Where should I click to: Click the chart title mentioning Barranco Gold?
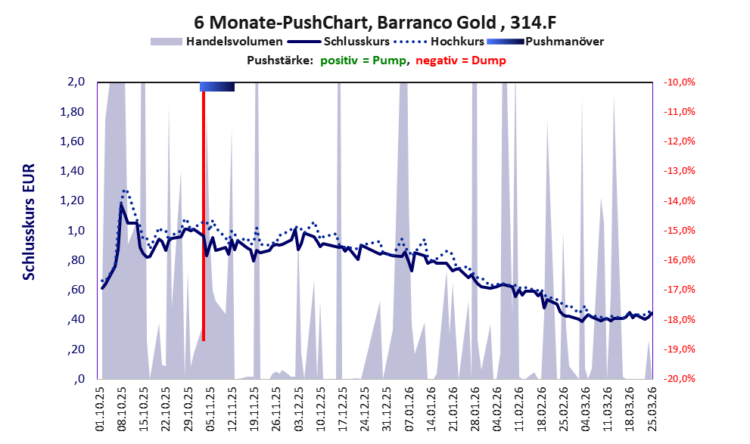tap(375, 22)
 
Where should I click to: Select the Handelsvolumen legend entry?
tap(216, 42)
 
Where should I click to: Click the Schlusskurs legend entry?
tap(338, 42)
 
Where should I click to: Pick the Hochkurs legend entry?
tap(439, 42)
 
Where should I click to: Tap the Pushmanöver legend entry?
tap(545, 42)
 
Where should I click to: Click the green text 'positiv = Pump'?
tap(363, 61)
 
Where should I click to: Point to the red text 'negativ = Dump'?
tap(461, 61)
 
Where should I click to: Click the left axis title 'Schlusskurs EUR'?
tap(29, 222)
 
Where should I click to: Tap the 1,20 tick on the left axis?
tap(72, 200)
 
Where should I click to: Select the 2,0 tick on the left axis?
tap(76, 82)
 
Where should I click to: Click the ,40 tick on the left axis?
tap(75, 319)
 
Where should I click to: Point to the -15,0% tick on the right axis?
tap(679, 231)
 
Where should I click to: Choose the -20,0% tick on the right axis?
tap(679, 378)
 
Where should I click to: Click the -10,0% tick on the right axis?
tap(679, 82)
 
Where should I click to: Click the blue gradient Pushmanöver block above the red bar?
tap(217, 86)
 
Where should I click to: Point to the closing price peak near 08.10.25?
tap(121, 204)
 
